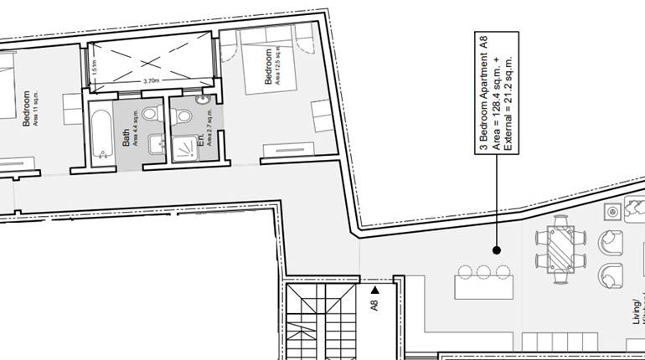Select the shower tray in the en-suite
[x=181, y=150]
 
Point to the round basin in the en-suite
[x=202, y=100]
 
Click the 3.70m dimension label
[x=151, y=81]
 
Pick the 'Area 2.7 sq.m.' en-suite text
[x=209, y=129]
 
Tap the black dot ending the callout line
[x=496, y=249]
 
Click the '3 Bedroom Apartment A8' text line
[x=483, y=92]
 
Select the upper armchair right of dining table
[x=611, y=243]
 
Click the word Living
[x=636, y=318]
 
